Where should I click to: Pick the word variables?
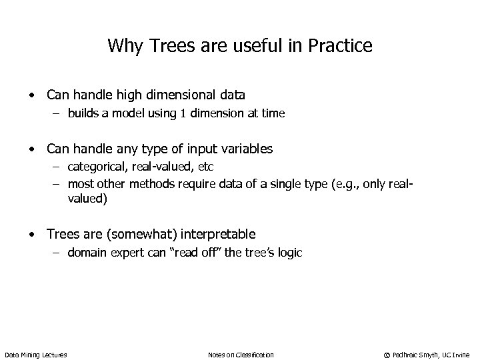click(249, 149)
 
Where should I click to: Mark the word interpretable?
click(216, 234)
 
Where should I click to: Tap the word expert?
click(125, 253)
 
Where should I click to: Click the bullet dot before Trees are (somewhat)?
click(31, 235)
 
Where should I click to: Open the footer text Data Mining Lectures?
click(35, 355)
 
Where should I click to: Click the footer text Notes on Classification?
click(241, 355)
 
